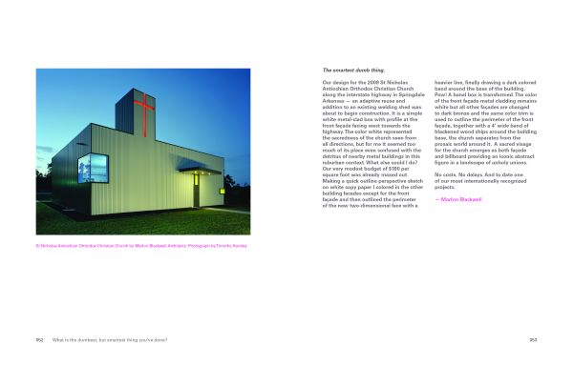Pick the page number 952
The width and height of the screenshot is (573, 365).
[40, 338]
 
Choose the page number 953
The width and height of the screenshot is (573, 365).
[533, 338]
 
